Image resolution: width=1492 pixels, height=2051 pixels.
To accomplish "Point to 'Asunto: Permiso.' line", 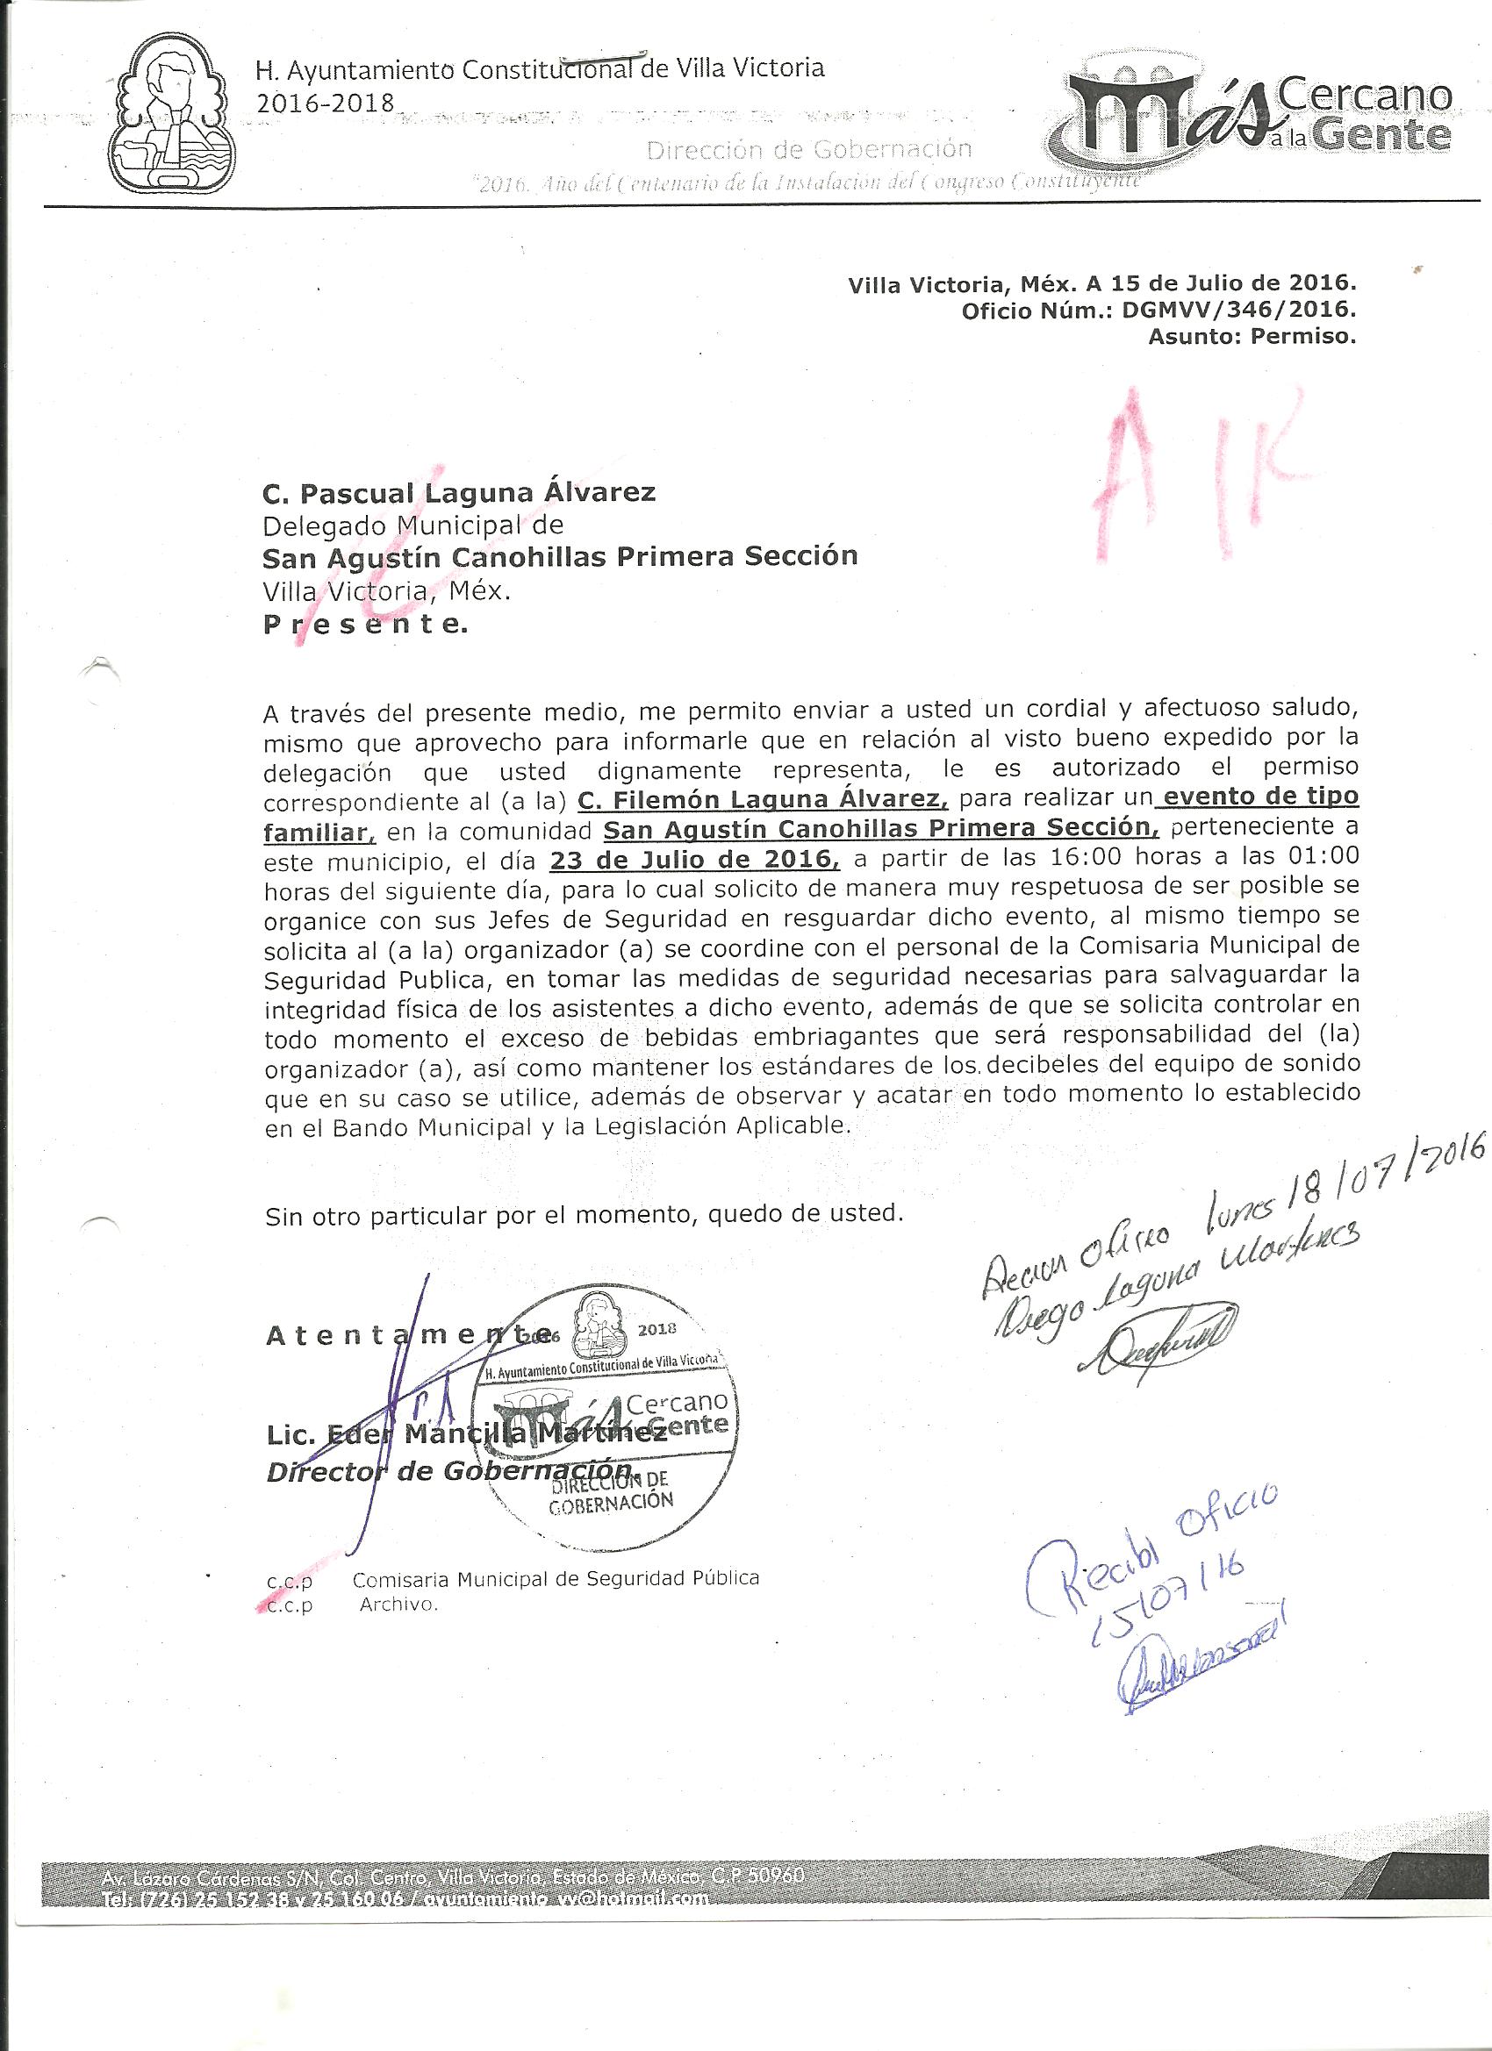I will [x=1252, y=339].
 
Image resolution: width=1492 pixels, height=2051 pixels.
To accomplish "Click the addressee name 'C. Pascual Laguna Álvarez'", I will [x=459, y=493].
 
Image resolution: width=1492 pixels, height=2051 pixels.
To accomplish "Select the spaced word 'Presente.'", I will [x=365, y=625].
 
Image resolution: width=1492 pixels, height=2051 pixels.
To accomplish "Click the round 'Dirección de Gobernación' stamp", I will [x=606, y=1420].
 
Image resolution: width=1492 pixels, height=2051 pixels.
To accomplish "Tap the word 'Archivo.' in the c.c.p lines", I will [x=399, y=1605].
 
